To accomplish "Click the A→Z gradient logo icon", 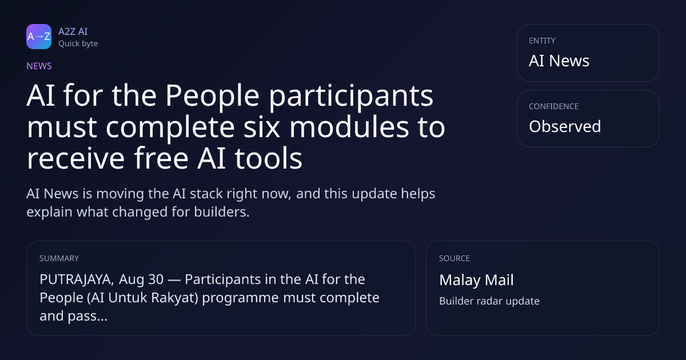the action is click(x=39, y=37).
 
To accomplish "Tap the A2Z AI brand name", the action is click(x=73, y=31).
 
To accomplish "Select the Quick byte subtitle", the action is click(x=78, y=44).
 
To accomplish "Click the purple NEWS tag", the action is click(x=39, y=66).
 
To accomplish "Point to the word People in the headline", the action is click(x=213, y=95).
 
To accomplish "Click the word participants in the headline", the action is click(x=351, y=97).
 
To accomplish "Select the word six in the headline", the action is click(x=262, y=127).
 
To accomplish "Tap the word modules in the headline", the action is click(x=349, y=127).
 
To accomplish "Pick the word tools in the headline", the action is click(x=269, y=158).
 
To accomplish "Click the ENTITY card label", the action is click(x=542, y=41).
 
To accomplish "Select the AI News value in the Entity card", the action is click(x=559, y=61).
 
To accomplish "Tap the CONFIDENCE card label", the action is click(x=554, y=106).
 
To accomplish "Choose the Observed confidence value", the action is click(x=565, y=126).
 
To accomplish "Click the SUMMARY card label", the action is click(x=59, y=258).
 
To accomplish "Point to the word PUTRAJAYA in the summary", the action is click(x=77, y=279).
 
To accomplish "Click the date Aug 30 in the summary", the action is click(x=141, y=280).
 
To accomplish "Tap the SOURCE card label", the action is click(x=454, y=258).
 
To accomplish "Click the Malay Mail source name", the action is click(x=476, y=280).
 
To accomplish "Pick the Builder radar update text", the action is click(x=489, y=301).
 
